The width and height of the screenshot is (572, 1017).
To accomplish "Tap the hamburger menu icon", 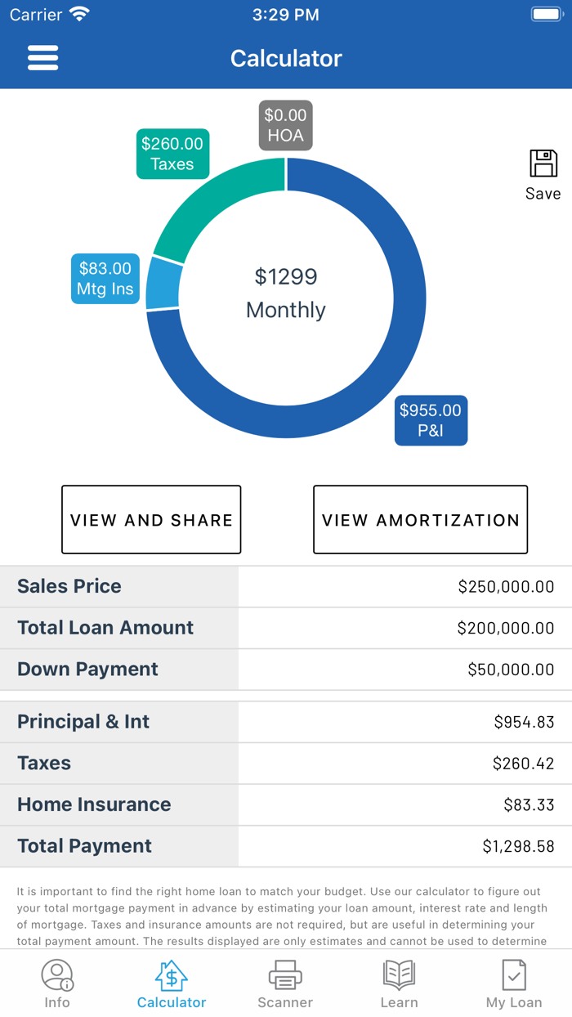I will pyautogui.click(x=42, y=58).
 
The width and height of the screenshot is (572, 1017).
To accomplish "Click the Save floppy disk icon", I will pyautogui.click(x=543, y=164).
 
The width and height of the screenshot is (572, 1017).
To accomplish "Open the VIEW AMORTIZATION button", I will pyautogui.click(x=420, y=520).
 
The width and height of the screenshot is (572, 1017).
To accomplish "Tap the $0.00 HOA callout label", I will pyautogui.click(x=285, y=125).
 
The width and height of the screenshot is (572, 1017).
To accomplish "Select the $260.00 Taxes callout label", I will pyautogui.click(x=172, y=154).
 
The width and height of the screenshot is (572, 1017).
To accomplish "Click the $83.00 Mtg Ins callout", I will pyautogui.click(x=105, y=279).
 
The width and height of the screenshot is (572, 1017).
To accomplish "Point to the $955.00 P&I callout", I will pyautogui.click(x=431, y=420).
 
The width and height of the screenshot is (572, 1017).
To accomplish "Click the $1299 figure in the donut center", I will pyautogui.click(x=285, y=277).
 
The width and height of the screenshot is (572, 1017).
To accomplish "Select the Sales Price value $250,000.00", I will pyautogui.click(x=506, y=587).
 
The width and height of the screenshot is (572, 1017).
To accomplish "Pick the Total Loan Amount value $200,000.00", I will pyautogui.click(x=506, y=629).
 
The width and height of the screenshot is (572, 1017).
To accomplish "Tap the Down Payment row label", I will pyautogui.click(x=88, y=670).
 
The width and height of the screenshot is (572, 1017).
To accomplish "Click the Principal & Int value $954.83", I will pyautogui.click(x=524, y=722).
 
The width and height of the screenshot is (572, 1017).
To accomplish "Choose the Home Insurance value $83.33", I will pyautogui.click(x=529, y=804).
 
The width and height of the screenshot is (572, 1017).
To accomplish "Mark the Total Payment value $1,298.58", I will pyautogui.click(x=518, y=847).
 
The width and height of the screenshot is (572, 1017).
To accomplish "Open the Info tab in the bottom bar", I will pyautogui.click(x=57, y=984).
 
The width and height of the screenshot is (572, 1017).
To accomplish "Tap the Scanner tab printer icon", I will pyautogui.click(x=285, y=975).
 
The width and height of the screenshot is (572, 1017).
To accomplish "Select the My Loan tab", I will pyautogui.click(x=514, y=984).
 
